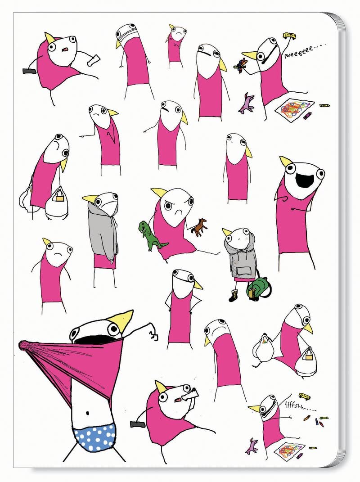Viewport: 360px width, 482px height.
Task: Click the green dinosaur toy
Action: (x=149, y=235)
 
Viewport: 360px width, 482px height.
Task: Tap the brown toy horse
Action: (x=198, y=227)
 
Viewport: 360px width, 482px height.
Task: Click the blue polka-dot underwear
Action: (x=95, y=437)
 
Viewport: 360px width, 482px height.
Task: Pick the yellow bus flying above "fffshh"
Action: (x=304, y=396)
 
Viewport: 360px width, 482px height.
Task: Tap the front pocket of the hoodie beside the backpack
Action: (x=243, y=270)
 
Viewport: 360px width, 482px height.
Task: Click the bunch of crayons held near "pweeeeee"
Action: (x=241, y=64)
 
